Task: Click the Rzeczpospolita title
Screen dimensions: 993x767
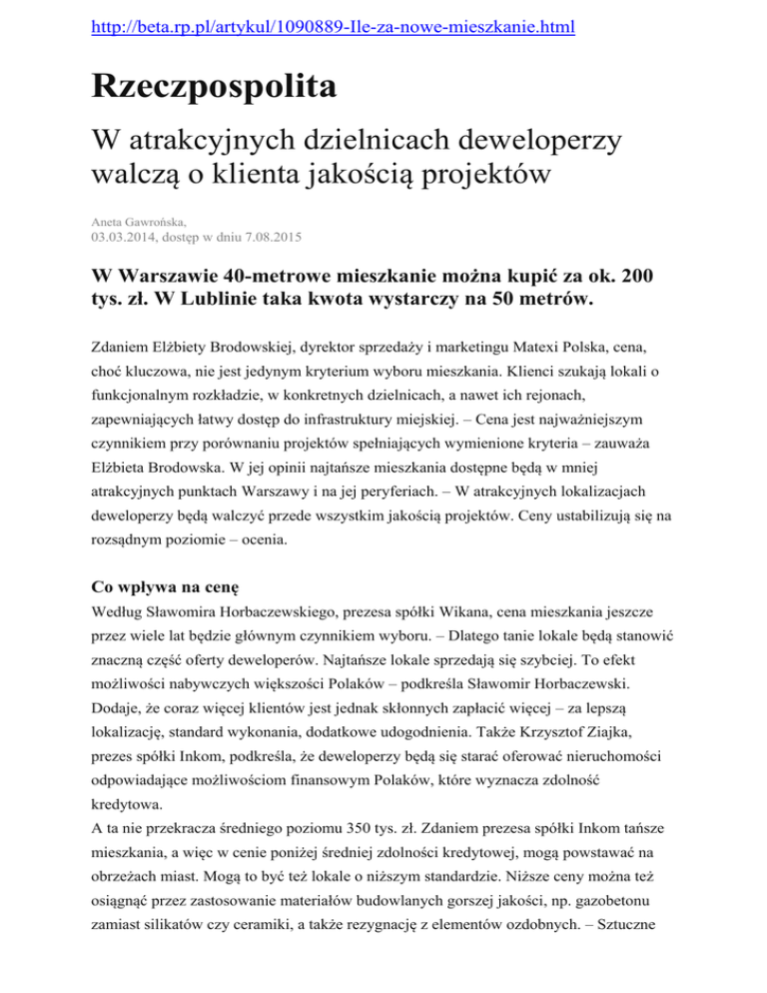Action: tap(214, 87)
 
